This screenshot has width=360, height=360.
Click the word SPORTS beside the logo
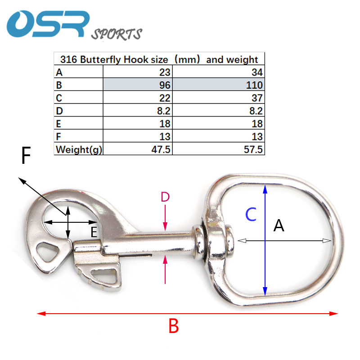(117, 34)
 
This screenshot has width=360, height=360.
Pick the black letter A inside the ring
(279, 225)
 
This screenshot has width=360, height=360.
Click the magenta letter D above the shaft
(165, 197)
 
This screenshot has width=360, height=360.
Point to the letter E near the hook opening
(94, 232)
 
